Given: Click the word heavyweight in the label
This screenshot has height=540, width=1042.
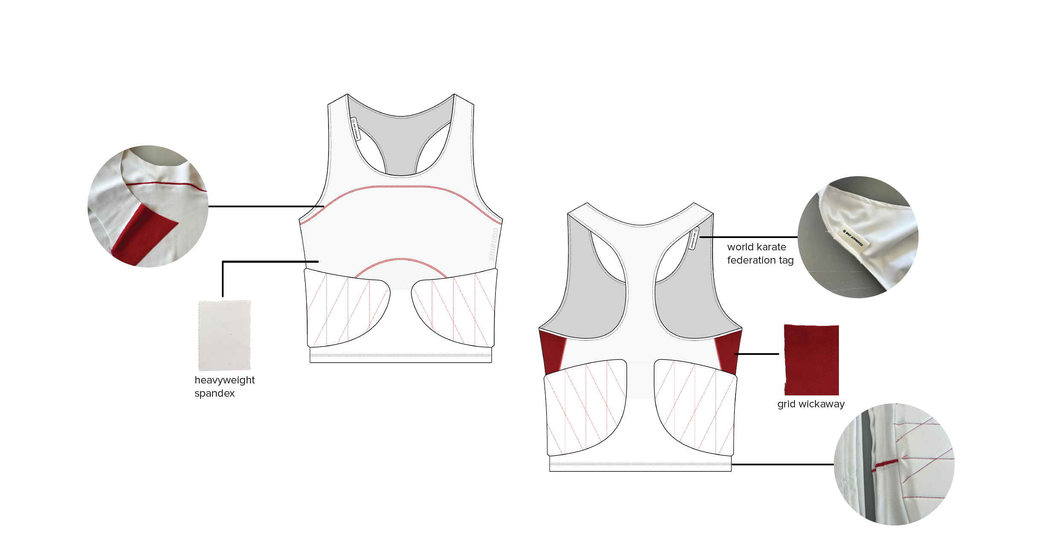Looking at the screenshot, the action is click(224, 380).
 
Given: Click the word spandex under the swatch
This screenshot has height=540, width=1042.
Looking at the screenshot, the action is click(215, 393).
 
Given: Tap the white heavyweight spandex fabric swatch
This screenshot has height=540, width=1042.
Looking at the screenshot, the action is click(224, 335).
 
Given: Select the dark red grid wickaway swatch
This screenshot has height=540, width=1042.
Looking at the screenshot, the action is click(811, 360).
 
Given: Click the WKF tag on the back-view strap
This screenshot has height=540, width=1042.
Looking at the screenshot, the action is click(694, 238).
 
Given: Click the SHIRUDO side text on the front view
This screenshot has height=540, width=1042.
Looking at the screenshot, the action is click(493, 244).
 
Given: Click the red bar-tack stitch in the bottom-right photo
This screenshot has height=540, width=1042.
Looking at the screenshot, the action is click(885, 465).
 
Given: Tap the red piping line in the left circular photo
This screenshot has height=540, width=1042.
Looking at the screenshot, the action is click(166, 184).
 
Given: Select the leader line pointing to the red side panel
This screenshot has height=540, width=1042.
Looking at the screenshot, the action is click(757, 354).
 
